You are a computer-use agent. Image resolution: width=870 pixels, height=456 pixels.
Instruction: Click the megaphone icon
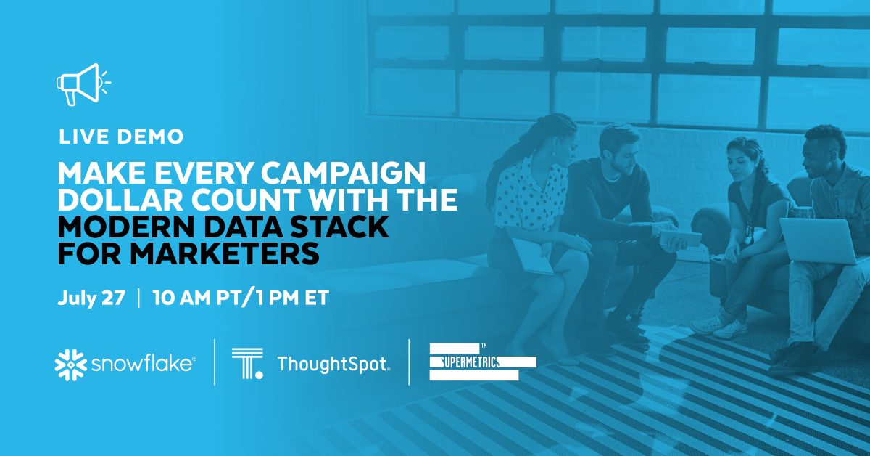tap(83, 84)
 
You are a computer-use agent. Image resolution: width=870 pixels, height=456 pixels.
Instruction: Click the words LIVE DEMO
tap(121, 137)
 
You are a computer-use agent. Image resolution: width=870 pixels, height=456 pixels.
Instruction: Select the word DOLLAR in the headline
tap(120, 200)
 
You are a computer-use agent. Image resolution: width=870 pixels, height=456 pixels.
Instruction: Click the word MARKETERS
tap(225, 254)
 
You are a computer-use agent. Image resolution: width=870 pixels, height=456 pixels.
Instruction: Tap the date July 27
tap(91, 298)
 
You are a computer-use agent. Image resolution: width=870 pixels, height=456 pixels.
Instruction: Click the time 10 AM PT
tap(198, 298)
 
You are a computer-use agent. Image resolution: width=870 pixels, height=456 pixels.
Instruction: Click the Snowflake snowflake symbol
tap(71, 365)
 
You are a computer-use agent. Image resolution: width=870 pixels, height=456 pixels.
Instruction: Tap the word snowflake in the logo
tap(143, 365)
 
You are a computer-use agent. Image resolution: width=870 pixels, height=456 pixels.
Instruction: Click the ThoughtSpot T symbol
tap(247, 363)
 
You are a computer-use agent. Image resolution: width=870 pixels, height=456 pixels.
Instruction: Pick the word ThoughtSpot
tap(333, 365)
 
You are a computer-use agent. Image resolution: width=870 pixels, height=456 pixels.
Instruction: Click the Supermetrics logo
tap(483, 362)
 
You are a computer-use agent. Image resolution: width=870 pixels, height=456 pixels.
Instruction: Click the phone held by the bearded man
tap(680, 238)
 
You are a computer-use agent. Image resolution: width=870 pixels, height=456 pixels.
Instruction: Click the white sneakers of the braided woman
tap(719, 326)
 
